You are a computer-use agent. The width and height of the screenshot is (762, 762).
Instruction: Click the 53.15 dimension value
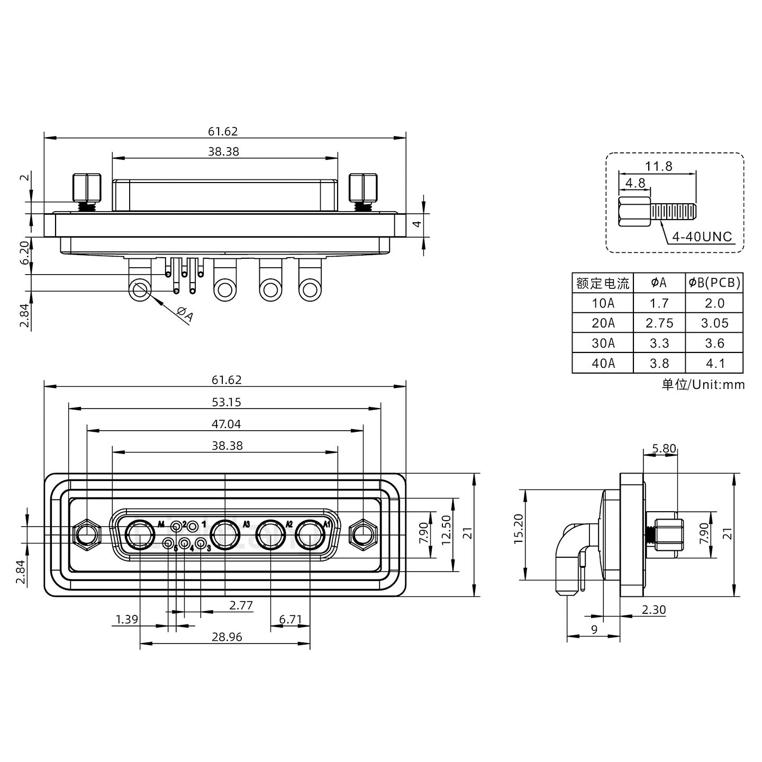click(x=226, y=402)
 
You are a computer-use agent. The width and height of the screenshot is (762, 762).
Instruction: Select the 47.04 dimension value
click(x=226, y=424)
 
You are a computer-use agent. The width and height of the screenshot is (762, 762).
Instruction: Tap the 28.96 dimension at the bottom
click(x=226, y=637)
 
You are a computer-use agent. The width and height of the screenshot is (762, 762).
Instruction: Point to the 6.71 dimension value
click(x=290, y=620)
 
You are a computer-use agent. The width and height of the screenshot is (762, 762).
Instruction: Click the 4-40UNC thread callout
click(x=702, y=237)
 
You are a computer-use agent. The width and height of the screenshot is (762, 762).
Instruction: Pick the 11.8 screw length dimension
click(x=658, y=167)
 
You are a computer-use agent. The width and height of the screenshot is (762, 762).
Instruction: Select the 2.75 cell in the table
click(x=659, y=323)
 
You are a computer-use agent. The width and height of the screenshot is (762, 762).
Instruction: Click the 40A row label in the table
click(x=603, y=364)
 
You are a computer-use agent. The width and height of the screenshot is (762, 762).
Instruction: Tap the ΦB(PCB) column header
click(x=714, y=283)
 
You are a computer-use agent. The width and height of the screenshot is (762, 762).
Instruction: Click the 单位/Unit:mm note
click(x=703, y=385)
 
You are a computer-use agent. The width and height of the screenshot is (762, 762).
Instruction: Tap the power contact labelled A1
click(x=309, y=536)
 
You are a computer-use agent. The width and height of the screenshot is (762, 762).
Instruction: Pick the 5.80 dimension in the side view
click(x=664, y=449)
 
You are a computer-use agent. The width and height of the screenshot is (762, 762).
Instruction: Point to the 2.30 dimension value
click(x=654, y=610)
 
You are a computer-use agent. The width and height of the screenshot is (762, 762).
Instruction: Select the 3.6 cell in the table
click(x=714, y=343)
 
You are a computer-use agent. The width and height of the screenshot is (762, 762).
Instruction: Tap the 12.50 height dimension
click(x=446, y=535)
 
